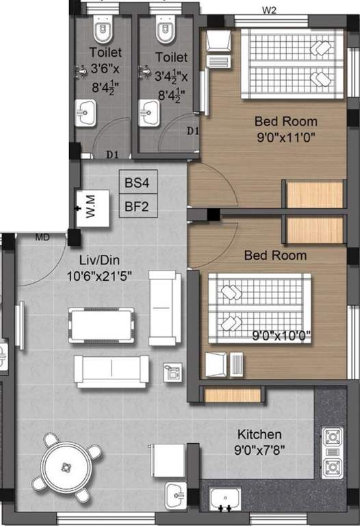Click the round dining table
pos(66,466)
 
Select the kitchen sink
pos(223,499)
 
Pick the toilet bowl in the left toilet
pos(103,31)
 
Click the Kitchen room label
pos(259,434)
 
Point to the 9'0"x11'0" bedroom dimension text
pos(285,136)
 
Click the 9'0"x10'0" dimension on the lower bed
pos(282,336)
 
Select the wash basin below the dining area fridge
pos(177,491)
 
